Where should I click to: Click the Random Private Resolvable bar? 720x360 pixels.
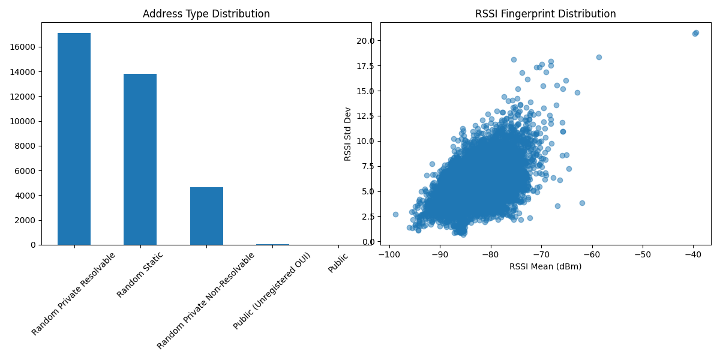click(x=74, y=139)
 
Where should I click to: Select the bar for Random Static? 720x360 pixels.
click(x=140, y=159)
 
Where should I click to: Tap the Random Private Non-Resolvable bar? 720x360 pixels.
click(x=206, y=216)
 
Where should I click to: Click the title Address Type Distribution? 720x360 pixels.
click(x=206, y=14)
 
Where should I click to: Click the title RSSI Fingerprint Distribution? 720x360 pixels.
click(x=545, y=14)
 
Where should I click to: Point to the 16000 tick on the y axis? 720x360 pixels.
click(x=25, y=47)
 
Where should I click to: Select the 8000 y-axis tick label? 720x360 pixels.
click(x=27, y=146)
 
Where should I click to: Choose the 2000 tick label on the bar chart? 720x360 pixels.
click(x=27, y=220)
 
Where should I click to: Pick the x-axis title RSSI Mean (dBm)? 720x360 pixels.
click(x=545, y=266)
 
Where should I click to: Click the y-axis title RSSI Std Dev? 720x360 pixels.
click(x=348, y=134)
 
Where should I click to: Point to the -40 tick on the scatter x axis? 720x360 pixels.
click(x=693, y=254)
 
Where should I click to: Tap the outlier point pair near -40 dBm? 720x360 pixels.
click(x=695, y=33)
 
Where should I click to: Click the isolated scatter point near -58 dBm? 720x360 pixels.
click(x=599, y=57)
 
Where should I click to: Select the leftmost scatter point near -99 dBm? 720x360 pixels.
click(x=395, y=214)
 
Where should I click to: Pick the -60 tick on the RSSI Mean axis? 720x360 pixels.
click(x=592, y=254)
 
